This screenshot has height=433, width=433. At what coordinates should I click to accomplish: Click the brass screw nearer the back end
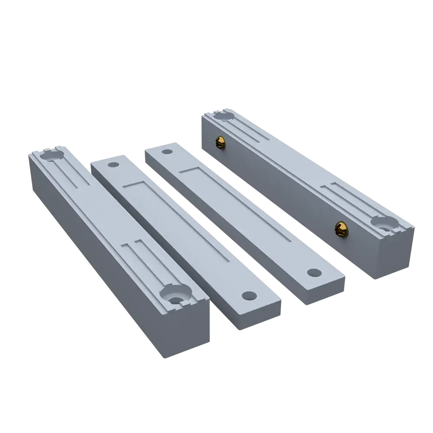(x=221, y=142)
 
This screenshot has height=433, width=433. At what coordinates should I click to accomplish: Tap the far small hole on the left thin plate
(x=113, y=165)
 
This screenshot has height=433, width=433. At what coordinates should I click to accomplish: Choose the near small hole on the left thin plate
(x=249, y=296)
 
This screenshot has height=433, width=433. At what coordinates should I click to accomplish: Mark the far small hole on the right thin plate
(x=167, y=152)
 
